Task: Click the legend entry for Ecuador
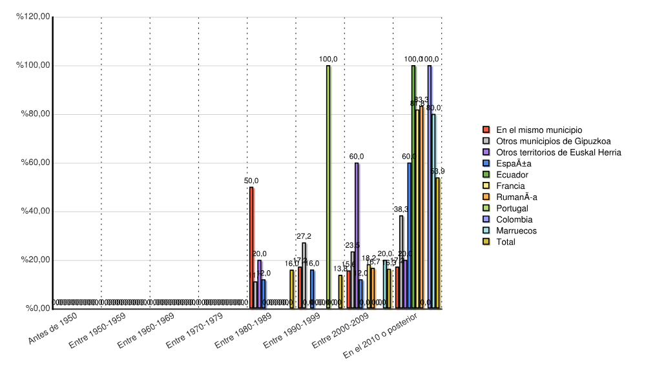512,175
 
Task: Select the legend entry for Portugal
512,208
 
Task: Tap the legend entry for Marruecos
516,231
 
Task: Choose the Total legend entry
506,242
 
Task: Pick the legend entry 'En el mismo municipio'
539,130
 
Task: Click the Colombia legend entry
514,219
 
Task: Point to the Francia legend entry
510,186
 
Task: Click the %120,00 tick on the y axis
33,17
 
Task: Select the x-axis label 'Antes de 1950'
54,328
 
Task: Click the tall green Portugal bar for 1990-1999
328,187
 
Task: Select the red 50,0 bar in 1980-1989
251,248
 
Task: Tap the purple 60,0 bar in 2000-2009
357,235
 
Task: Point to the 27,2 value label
304,237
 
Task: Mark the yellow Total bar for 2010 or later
437,243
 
